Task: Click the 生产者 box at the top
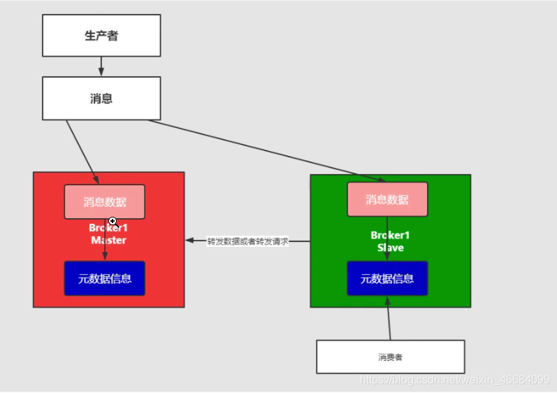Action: [101, 36]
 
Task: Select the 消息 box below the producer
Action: [101, 99]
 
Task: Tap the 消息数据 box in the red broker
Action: [105, 202]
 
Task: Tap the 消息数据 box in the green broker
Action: [387, 200]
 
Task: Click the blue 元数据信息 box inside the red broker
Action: [105, 278]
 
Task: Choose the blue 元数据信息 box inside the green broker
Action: [387, 278]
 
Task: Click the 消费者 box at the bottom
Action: [390, 357]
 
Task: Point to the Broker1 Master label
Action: [108, 234]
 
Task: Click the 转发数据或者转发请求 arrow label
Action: [247, 241]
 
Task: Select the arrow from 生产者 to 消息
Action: [101, 66]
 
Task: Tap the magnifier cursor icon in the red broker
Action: [113, 221]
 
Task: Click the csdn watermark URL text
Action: [454, 379]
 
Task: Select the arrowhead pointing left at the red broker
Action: [189, 241]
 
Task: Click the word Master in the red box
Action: [108, 240]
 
